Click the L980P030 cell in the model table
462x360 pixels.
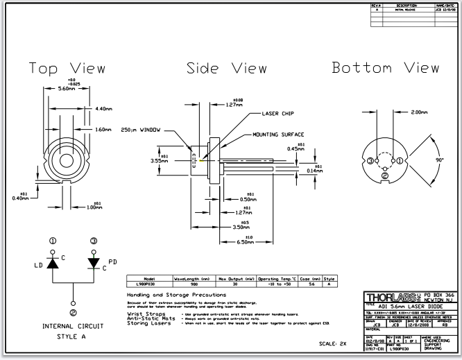pos(146,283)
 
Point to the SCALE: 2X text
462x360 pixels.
pos(333,343)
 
